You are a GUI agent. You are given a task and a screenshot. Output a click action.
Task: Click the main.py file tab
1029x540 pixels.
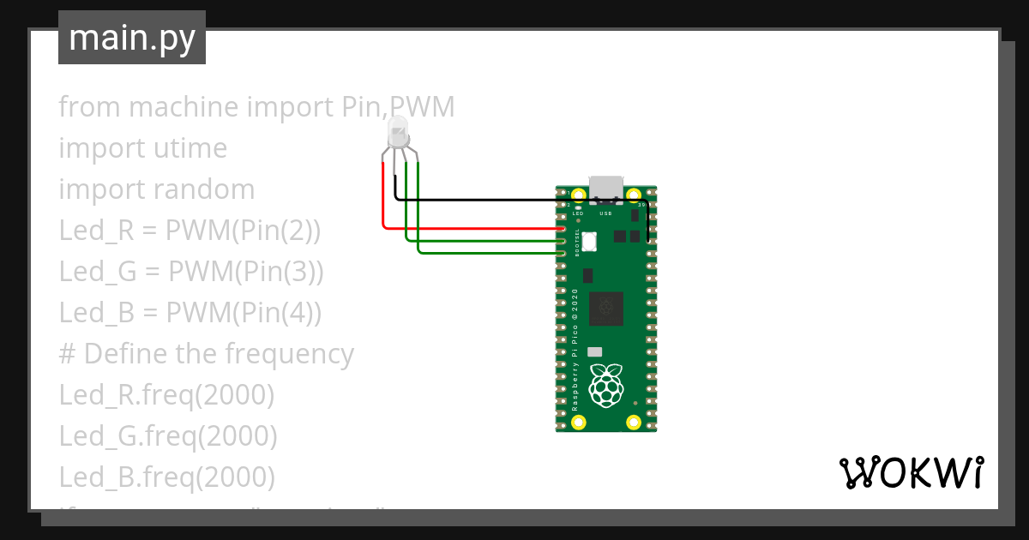[131, 39]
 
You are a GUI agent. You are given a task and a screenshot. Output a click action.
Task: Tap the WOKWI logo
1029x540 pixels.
[911, 472]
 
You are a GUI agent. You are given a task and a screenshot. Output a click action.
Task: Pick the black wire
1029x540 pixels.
[514, 200]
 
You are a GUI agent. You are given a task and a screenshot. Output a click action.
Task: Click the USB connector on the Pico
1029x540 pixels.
[606, 186]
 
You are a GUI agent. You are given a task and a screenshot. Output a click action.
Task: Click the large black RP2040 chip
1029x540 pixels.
[605, 309]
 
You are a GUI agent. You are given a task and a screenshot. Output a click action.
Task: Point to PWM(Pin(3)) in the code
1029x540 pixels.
[245, 272]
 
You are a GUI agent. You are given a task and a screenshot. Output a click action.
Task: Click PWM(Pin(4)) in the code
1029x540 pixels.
[244, 313]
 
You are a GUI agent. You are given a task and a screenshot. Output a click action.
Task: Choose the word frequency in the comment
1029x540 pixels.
[289, 354]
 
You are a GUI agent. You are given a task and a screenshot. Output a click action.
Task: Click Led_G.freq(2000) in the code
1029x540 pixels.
[168, 436]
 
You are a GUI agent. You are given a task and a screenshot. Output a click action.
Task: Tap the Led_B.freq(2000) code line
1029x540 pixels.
[167, 477]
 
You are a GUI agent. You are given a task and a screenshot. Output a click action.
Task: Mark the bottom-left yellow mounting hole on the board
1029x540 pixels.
[579, 422]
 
